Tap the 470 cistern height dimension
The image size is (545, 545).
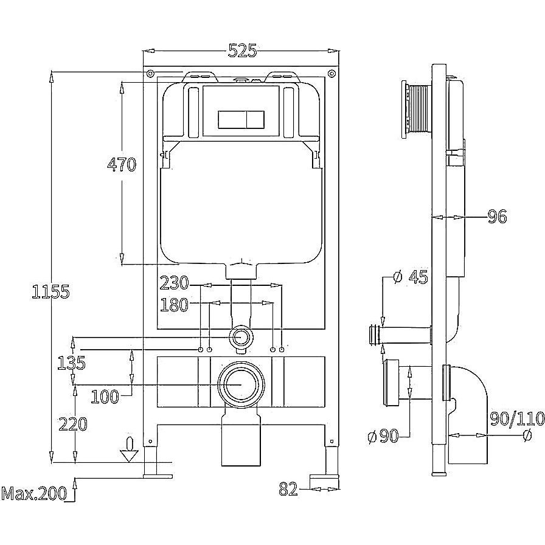click(121, 164)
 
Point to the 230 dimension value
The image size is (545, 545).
click(174, 283)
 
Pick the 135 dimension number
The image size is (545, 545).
click(71, 363)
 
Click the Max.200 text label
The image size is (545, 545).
click(33, 494)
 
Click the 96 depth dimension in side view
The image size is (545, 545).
click(497, 216)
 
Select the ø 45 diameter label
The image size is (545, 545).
click(411, 277)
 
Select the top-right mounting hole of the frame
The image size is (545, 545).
click(331, 74)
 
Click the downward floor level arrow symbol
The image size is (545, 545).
click(128, 450)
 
